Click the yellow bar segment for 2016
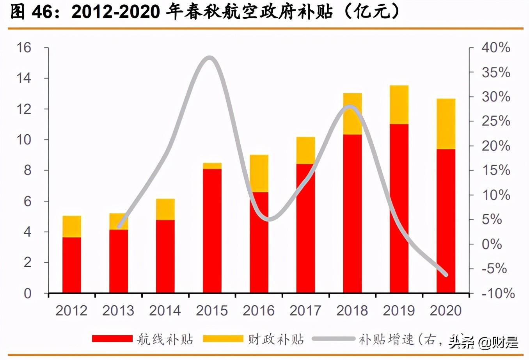pos(259,173)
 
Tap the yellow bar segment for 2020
pos(446,124)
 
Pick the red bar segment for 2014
pos(165,256)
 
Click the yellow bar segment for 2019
pos(399,105)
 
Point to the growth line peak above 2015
pos(209,58)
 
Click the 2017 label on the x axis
pos(305,310)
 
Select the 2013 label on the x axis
pos(118,310)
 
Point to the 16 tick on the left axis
pos(24,48)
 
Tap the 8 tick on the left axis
pos(27,170)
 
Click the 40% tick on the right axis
pos(495,48)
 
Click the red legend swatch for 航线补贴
pos(112,339)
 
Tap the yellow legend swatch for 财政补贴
pos(223,339)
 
